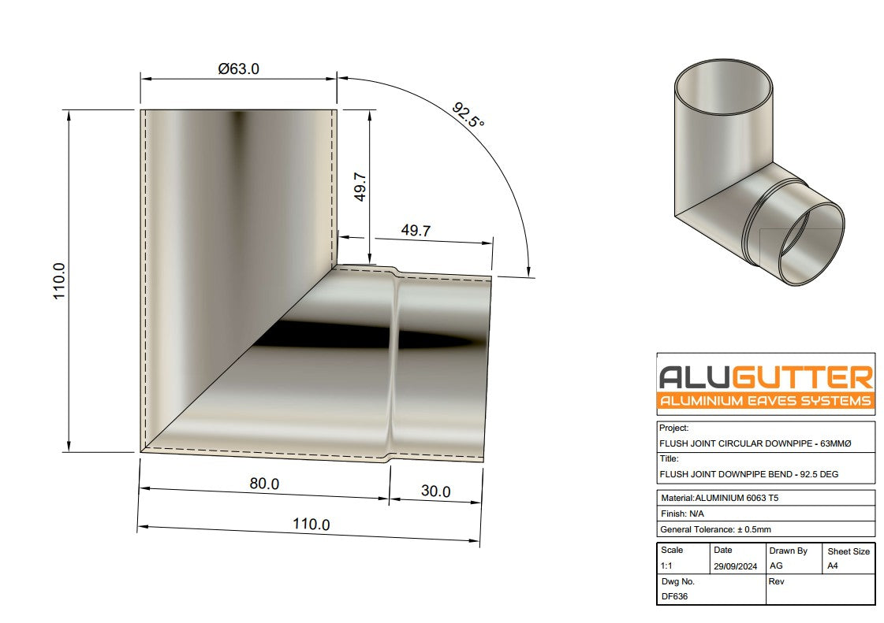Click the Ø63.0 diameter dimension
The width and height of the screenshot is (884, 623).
238,69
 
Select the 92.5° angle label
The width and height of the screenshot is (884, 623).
468,115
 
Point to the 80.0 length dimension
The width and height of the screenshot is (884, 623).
264,484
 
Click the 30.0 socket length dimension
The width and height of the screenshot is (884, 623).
435,491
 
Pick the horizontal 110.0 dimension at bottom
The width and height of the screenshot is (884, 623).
311,524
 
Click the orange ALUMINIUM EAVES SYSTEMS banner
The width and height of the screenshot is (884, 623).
766,402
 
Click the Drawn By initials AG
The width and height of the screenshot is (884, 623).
776,566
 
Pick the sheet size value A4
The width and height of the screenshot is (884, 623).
833,566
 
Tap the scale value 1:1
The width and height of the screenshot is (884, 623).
668,566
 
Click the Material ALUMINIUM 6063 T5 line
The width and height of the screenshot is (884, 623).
725,498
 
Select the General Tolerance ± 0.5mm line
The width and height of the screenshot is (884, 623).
726,529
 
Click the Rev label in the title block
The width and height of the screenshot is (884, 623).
775,581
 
